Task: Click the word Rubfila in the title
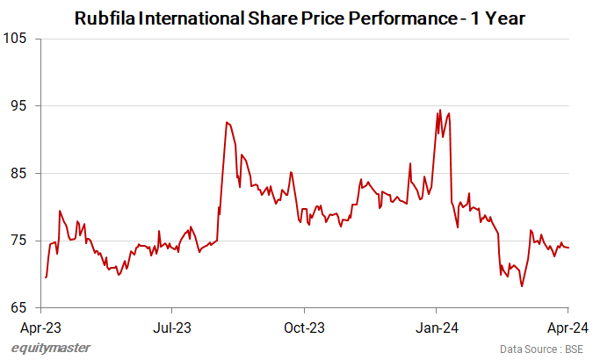click(105, 17)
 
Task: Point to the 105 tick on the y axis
click(16, 39)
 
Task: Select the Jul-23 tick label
click(172, 328)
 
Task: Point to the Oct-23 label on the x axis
click(305, 328)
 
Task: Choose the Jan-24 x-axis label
click(437, 328)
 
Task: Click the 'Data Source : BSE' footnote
click(541, 349)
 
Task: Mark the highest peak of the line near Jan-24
click(439, 111)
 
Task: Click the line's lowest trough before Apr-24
click(522, 286)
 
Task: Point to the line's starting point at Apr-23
click(45, 277)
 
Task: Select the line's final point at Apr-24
click(568, 248)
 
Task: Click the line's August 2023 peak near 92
click(227, 122)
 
